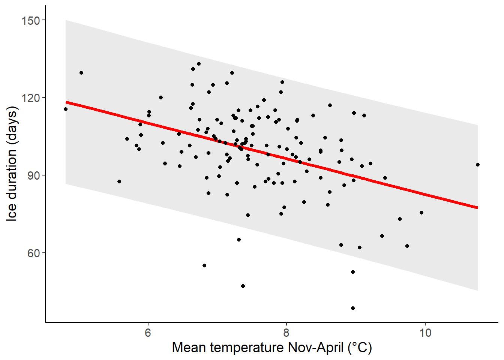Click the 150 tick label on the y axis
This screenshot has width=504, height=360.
pos(31,20)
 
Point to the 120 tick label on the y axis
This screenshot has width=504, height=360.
pos(31,98)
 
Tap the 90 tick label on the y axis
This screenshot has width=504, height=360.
pos(34,175)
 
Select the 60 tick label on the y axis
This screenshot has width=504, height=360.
pos(34,253)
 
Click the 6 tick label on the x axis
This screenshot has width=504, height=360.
pos(148,333)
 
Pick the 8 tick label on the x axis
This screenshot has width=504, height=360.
pos(286,333)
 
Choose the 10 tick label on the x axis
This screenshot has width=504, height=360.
pos(425,333)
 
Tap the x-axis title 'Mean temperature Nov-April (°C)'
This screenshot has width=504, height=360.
pos(272,348)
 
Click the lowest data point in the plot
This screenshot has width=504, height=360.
pos(353,308)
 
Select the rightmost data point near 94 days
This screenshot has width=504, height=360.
pos(478,165)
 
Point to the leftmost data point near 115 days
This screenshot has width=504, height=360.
pos(66,109)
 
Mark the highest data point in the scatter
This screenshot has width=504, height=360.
pos(199,64)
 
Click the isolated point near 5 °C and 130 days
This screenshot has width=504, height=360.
pos(81,73)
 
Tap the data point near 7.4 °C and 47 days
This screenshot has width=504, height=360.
pos(243,286)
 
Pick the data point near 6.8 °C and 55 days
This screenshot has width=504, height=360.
pos(204,265)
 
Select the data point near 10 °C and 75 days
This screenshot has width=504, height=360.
pos(421,213)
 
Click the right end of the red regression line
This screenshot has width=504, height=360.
pos(477,208)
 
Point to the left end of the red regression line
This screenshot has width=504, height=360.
pos(66,102)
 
